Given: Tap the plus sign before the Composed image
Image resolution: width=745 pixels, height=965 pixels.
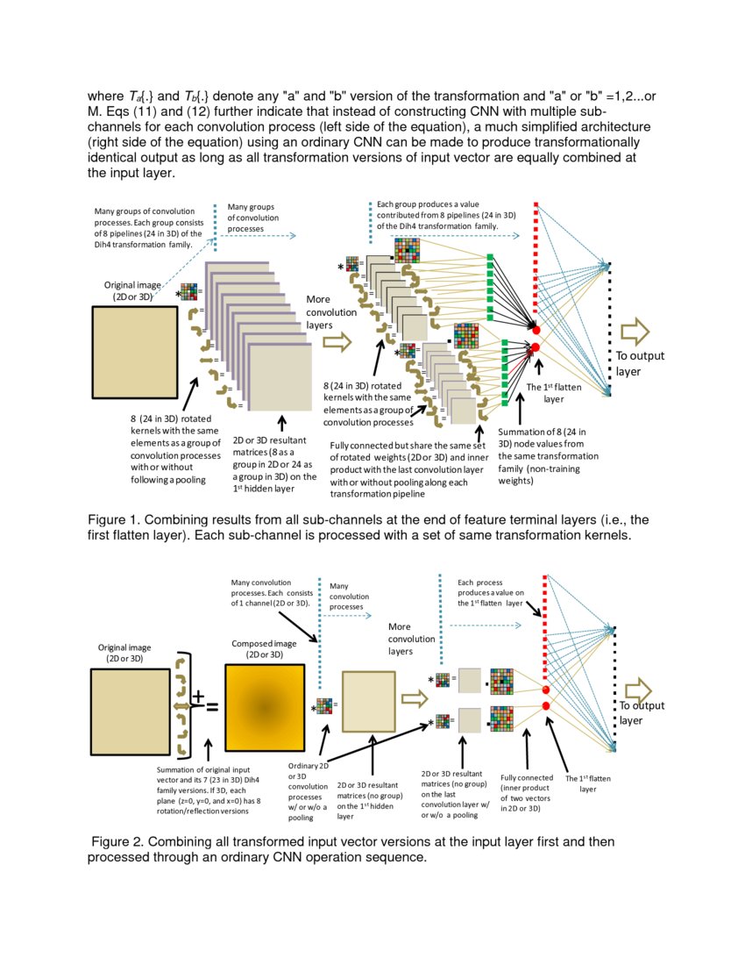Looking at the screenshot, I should [x=198, y=697].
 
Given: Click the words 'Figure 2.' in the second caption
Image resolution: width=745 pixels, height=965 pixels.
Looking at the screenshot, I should [x=122, y=842].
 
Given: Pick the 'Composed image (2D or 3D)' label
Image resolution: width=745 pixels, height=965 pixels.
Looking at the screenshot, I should [x=258, y=649].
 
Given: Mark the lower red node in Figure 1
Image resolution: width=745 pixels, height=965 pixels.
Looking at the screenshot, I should [x=536, y=349].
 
